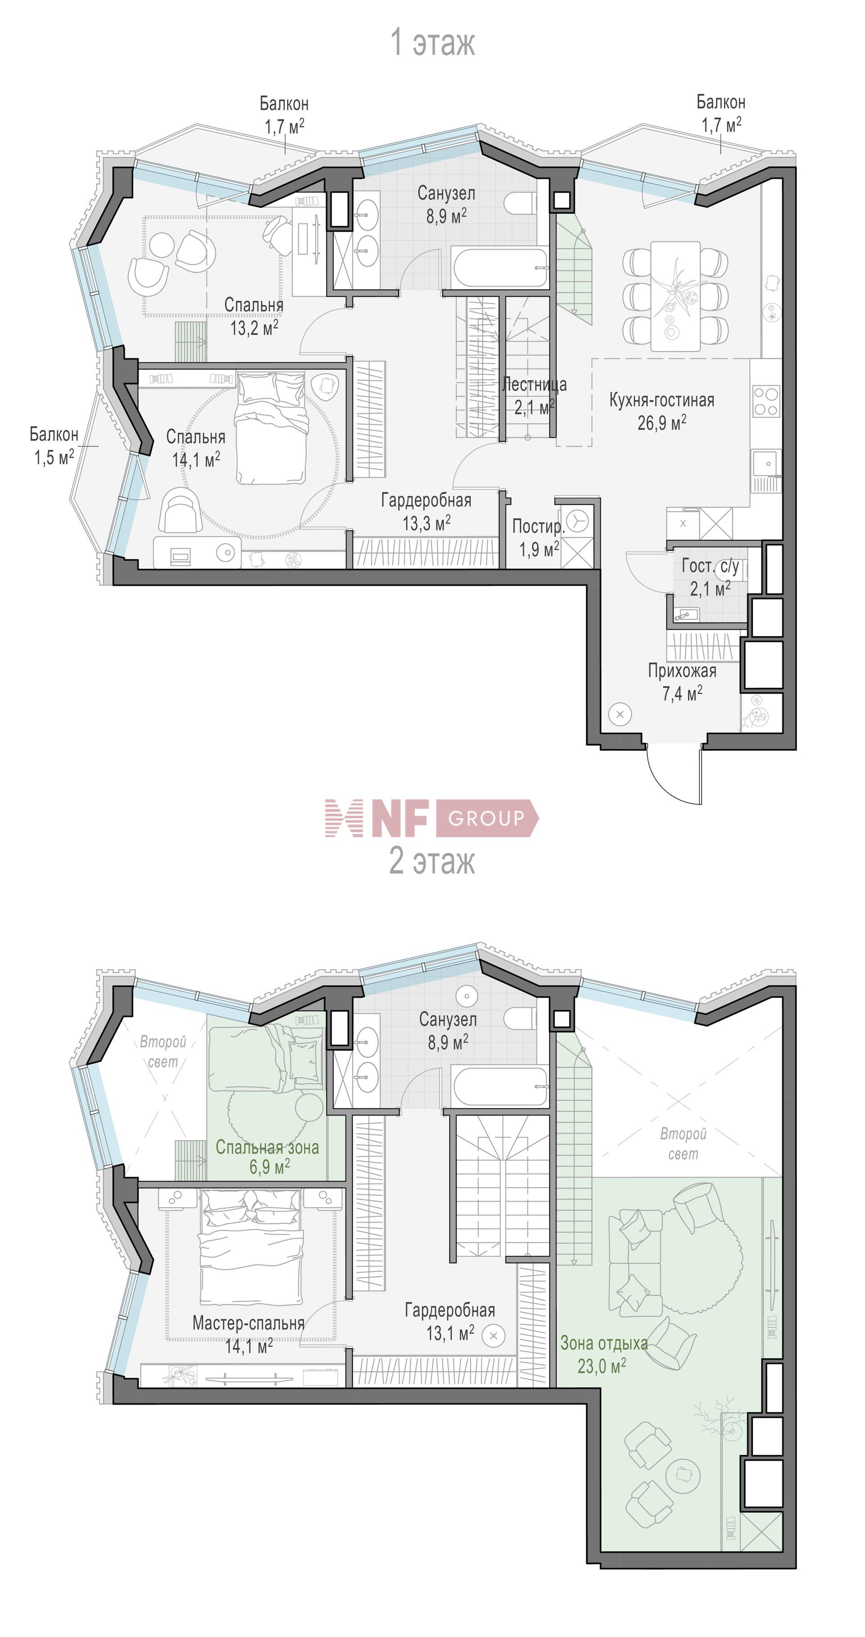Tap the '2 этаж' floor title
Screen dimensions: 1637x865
[x=432, y=861]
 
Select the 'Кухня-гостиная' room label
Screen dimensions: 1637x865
[x=661, y=400]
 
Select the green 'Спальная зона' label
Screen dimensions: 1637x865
[x=267, y=1147]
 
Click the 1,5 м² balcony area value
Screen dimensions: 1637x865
[x=54, y=457]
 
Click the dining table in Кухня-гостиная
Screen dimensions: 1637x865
[x=675, y=296]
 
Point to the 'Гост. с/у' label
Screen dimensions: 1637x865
[x=710, y=566]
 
